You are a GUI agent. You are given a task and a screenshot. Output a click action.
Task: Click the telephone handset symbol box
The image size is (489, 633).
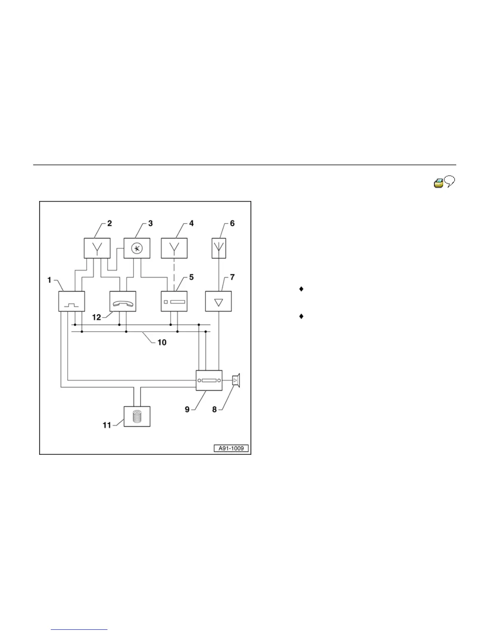pos(123,301)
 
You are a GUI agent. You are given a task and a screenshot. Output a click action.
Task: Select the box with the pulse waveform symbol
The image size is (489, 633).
pos(72,301)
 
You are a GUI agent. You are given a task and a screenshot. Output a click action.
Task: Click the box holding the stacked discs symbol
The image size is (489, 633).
pos(137,416)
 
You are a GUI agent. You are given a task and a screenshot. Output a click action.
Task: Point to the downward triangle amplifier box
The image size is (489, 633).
pos(219,301)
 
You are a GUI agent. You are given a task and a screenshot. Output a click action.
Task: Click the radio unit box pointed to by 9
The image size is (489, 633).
pos(209,380)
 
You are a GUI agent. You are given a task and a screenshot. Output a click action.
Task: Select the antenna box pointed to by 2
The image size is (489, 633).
pos(97,248)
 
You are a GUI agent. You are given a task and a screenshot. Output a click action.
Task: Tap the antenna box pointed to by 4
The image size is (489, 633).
pos(174,248)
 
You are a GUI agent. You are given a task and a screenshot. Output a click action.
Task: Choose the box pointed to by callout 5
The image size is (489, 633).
pos(174,301)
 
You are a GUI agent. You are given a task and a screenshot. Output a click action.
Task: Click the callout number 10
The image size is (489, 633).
pos(162,342)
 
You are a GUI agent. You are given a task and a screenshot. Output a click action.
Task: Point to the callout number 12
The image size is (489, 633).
pos(97,318)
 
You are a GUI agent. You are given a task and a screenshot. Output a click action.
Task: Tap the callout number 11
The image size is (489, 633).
pos(107,425)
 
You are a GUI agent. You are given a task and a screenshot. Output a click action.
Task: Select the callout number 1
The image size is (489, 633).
pos(50,280)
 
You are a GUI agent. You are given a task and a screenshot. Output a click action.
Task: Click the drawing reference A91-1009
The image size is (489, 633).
pos(231,448)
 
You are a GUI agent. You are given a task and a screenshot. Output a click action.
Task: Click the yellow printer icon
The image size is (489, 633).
pos(439,183)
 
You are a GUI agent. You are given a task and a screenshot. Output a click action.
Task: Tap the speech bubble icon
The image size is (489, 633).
pos(450,183)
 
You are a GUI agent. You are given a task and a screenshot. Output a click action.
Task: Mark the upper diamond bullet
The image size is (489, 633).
pos(301,289)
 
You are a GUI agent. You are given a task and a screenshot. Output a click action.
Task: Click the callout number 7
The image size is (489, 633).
pos(232,277)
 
